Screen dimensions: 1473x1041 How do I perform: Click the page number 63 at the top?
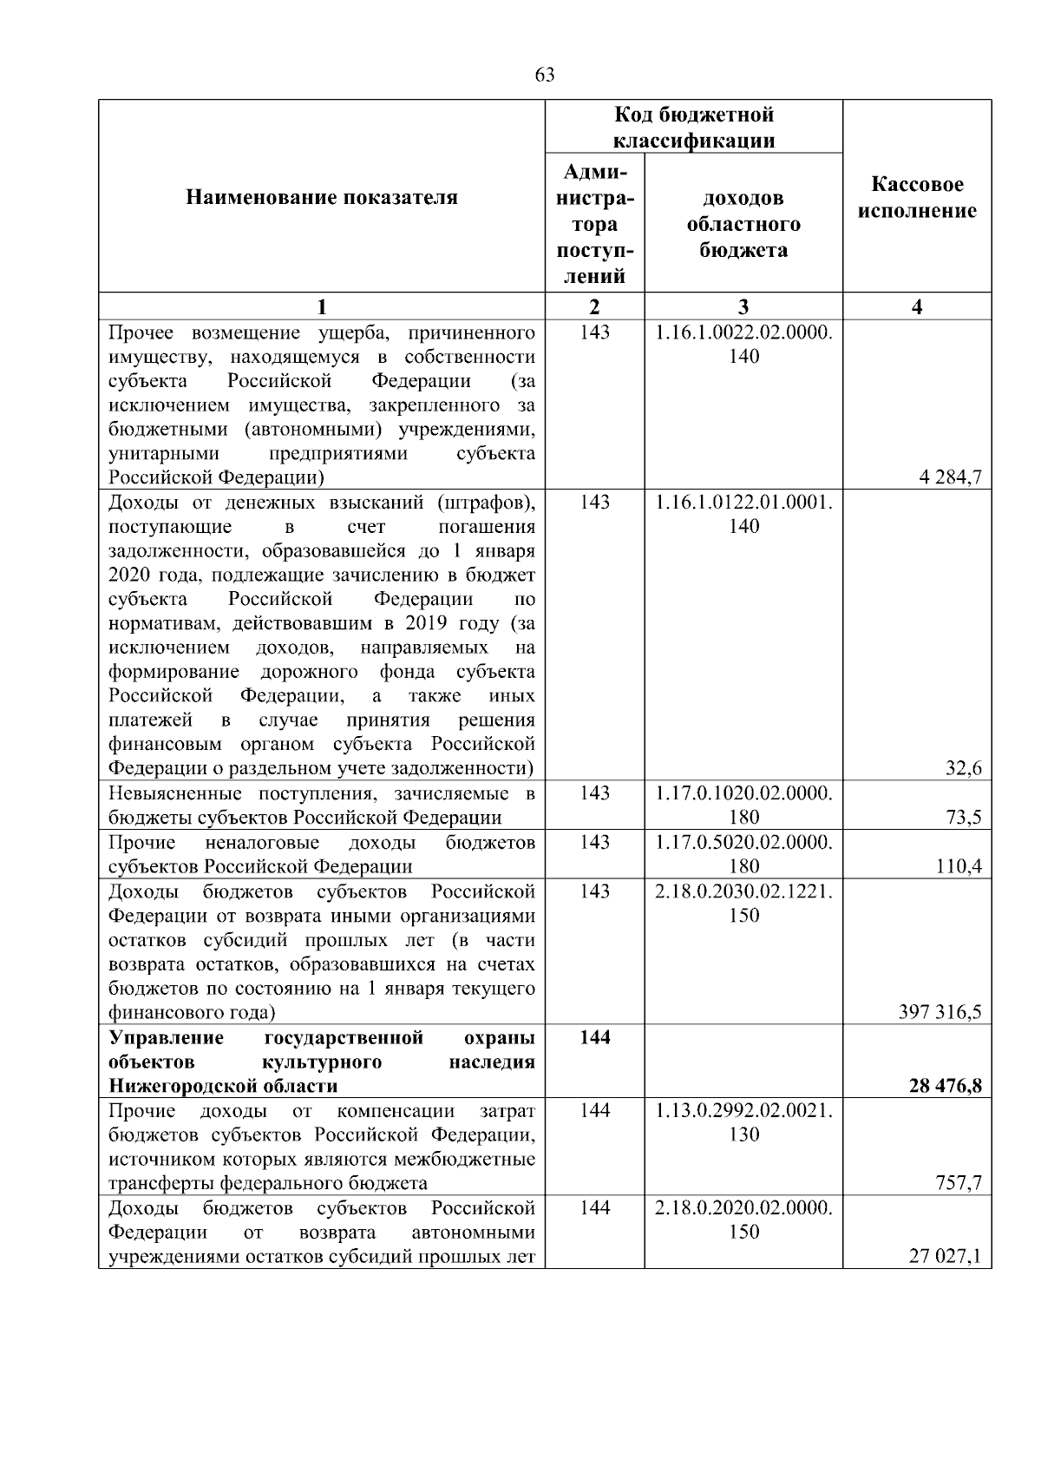[x=545, y=76]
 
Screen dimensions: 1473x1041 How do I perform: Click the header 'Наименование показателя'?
[x=322, y=198]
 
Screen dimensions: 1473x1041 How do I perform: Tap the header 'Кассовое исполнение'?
[x=917, y=198]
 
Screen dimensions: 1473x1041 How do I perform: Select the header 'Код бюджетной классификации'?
[x=694, y=128]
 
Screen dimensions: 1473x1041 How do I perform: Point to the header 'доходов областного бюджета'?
[x=743, y=224]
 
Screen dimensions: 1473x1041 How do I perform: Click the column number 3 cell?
[x=743, y=306]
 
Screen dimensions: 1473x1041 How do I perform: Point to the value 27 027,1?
[x=945, y=1256]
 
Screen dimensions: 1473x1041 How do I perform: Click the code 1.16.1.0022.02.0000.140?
[x=743, y=345]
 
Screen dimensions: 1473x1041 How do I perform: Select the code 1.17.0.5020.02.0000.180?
[x=743, y=853]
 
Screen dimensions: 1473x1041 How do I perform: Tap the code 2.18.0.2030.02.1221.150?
[x=743, y=903]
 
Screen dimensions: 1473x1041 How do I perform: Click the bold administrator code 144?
[x=594, y=1037]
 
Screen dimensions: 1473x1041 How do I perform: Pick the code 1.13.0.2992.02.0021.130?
[x=743, y=1122]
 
